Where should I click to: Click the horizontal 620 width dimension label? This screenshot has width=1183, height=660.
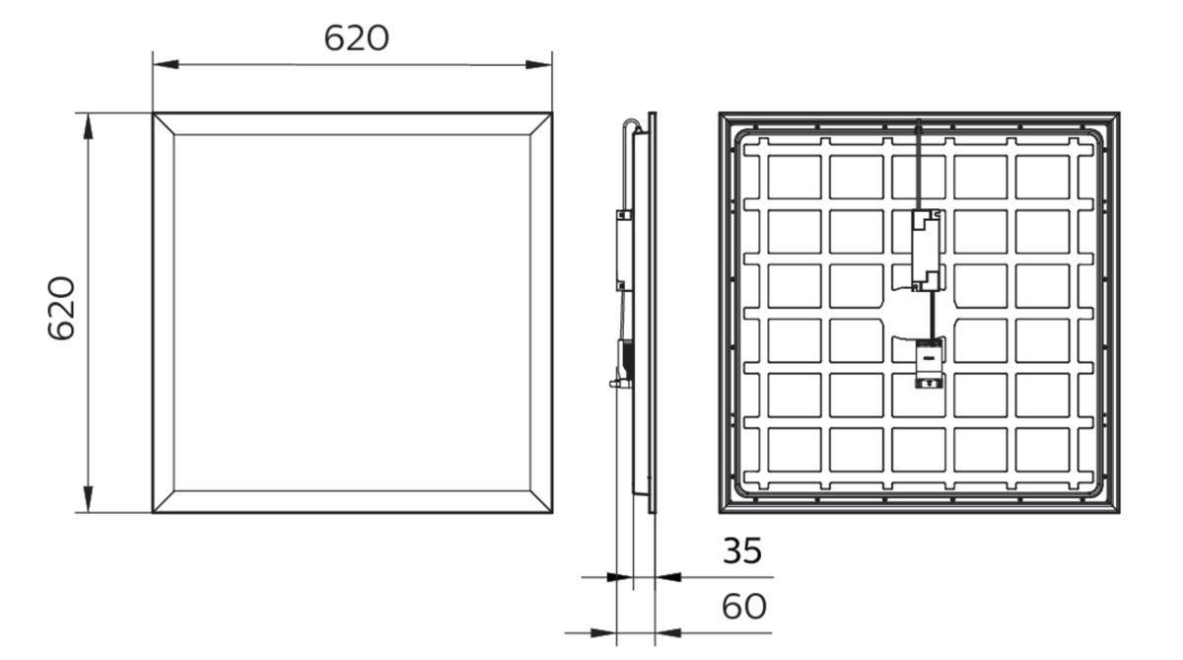(357, 37)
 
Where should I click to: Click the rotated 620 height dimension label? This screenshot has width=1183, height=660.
(62, 309)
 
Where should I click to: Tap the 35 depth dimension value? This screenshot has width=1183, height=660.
(742, 551)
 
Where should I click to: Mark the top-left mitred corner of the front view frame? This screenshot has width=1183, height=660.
(164, 123)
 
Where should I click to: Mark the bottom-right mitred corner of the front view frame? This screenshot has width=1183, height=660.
(541, 501)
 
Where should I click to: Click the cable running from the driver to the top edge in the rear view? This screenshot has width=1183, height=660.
(919, 163)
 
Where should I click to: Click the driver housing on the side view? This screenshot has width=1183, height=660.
(622, 251)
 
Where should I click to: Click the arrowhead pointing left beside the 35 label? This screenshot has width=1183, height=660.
(667, 577)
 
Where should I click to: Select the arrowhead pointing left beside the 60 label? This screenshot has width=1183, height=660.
(667, 632)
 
